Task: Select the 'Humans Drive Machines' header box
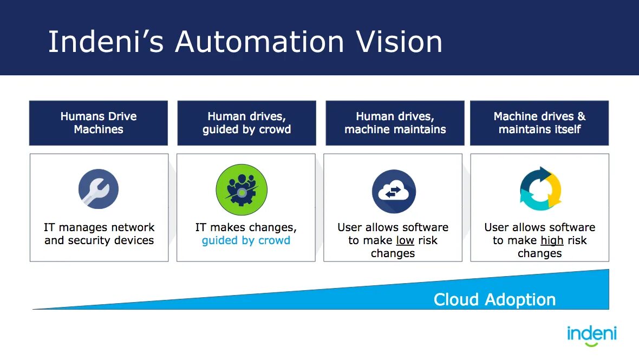[x=99, y=123]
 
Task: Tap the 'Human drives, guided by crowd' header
[x=246, y=123]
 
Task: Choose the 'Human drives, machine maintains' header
[x=395, y=123]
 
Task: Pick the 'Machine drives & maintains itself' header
[x=539, y=123]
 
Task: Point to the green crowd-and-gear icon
[x=242, y=190]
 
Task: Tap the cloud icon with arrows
[x=394, y=191]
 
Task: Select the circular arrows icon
[x=540, y=188]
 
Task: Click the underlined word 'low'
[x=405, y=240]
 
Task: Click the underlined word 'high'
[x=552, y=240]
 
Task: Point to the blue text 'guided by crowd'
[x=246, y=240]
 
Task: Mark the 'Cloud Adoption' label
[x=494, y=299]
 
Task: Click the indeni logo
[x=591, y=333]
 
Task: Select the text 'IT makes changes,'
[x=246, y=227]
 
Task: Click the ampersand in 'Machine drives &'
[x=581, y=116]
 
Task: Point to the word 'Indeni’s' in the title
[x=106, y=42]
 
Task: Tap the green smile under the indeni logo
[x=591, y=344]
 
